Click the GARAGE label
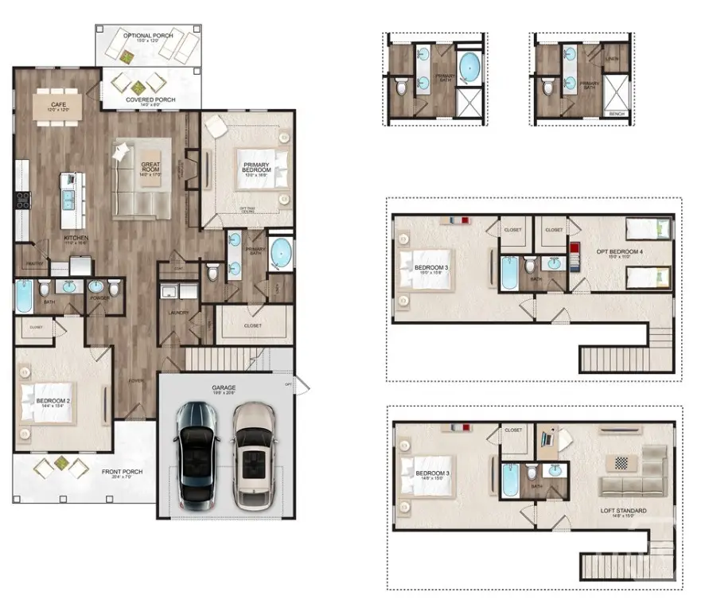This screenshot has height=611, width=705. (225, 388)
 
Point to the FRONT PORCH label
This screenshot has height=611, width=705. (122, 472)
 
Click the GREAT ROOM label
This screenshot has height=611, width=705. (151, 168)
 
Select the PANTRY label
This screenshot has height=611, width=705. (34, 263)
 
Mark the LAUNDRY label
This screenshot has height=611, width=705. (177, 313)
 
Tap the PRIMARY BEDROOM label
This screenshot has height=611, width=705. (257, 168)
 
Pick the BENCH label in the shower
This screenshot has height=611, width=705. (616, 114)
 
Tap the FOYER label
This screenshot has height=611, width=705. (137, 380)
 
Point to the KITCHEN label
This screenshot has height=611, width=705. (76, 238)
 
